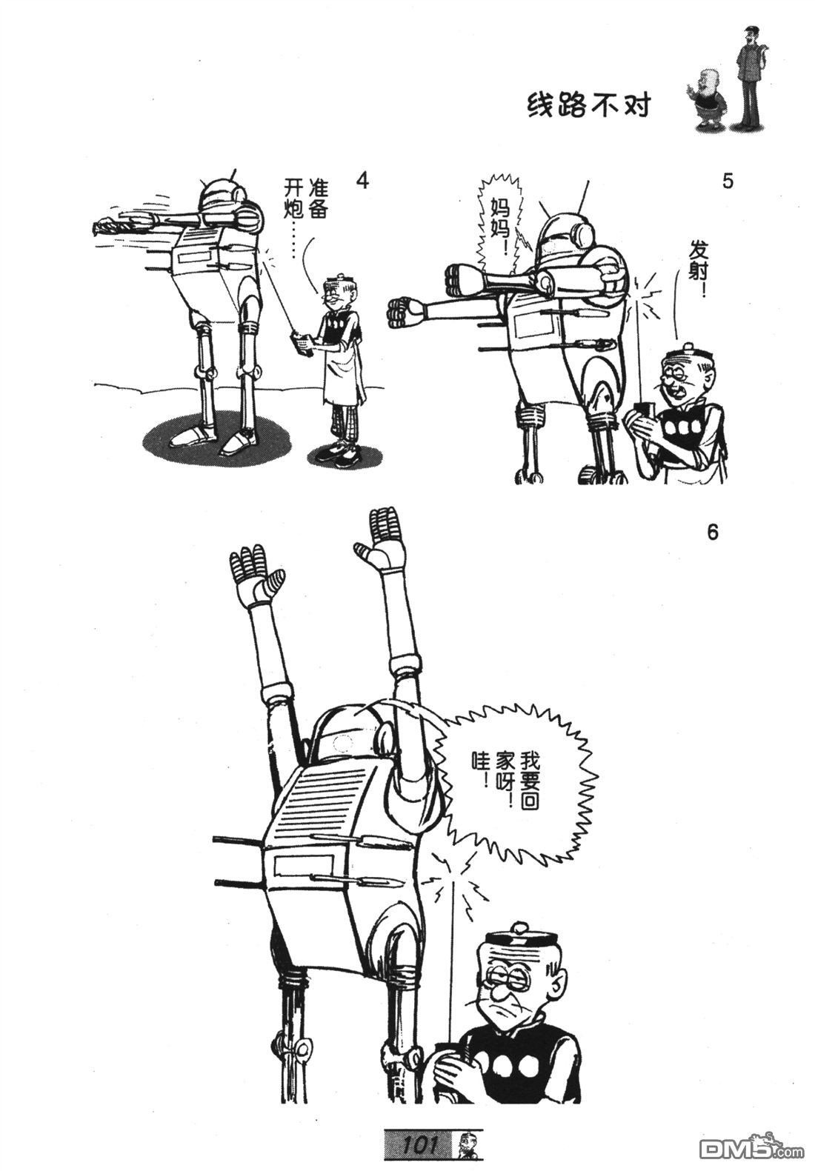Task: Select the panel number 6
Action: (713, 533)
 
